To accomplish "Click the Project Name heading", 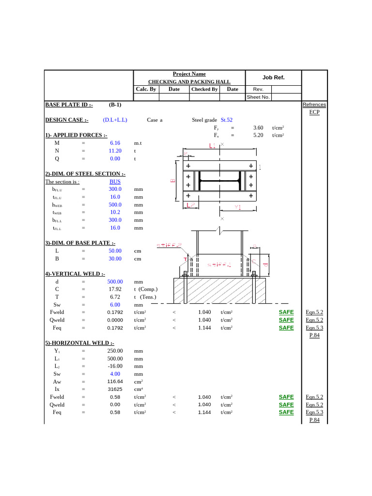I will (x=189, y=74).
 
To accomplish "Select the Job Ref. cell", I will (x=273, y=77).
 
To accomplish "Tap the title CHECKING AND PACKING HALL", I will (x=189, y=82).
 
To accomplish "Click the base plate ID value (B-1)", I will (x=115, y=105).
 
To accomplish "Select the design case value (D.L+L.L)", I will (x=115, y=120).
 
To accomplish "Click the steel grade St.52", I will (x=227, y=120).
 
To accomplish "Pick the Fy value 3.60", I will (x=258, y=128).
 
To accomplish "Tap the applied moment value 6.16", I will (x=115, y=143).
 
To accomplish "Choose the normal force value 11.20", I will (x=115, y=151).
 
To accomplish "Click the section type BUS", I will (x=115, y=182).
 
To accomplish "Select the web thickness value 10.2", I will (x=115, y=212).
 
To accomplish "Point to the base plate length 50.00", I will (x=115, y=251).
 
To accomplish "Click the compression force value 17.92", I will (x=115, y=289).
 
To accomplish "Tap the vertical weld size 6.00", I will (x=115, y=305).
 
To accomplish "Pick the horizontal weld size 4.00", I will (x=115, y=374).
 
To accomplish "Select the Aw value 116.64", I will (x=115, y=382).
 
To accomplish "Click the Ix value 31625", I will (x=115, y=389).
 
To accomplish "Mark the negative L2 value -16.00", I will (x=115, y=366).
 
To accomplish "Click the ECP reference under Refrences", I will (x=314, y=112).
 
